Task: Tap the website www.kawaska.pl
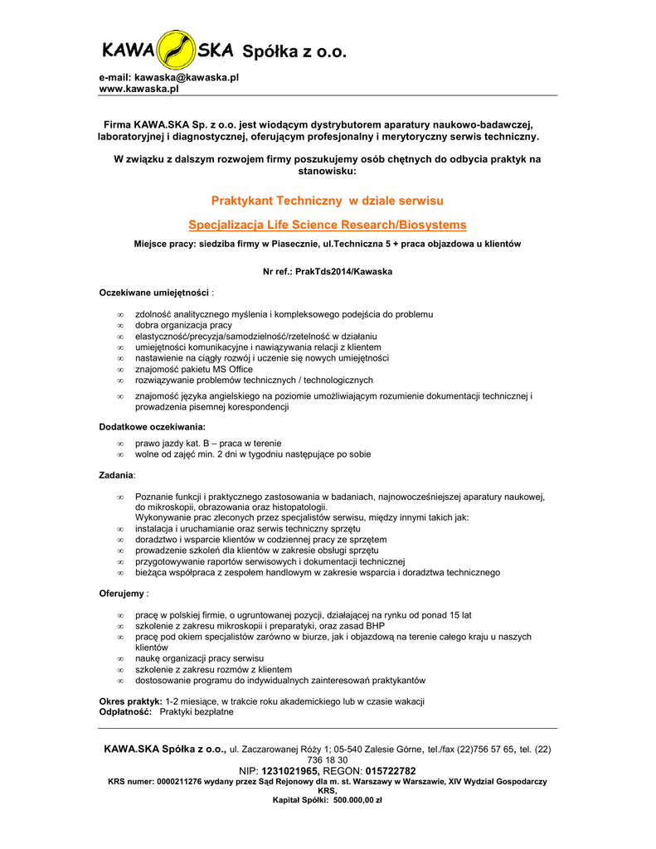pos(139,89)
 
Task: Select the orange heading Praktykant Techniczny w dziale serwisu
pos(328,201)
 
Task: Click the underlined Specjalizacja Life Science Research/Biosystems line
pos(328,225)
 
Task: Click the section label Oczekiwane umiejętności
pos(153,294)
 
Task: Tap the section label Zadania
pos(116,475)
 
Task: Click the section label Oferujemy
pos(121,594)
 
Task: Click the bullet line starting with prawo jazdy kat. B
pos(208,444)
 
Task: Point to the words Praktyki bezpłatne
pos(197,711)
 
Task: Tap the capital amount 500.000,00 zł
pos(357,800)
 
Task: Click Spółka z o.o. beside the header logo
pos(294,52)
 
